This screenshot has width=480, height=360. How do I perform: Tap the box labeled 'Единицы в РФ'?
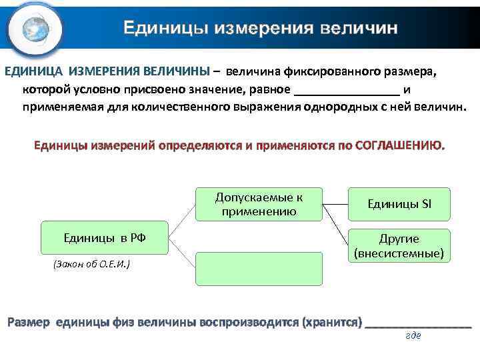pyautogui.click(x=105, y=237)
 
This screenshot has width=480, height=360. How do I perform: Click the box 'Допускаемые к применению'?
pyautogui.click(x=259, y=204)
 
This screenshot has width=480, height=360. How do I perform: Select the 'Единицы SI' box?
pyautogui.click(x=399, y=204)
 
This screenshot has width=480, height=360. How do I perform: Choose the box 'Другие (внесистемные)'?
pyautogui.click(x=399, y=245)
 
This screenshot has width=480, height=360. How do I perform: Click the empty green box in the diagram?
pyautogui.click(x=259, y=269)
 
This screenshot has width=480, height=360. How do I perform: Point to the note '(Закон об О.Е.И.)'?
pyautogui.click(x=91, y=265)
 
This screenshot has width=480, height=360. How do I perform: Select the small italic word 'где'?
pyautogui.click(x=413, y=335)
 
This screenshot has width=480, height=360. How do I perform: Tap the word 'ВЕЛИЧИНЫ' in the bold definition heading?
pyautogui.click(x=175, y=71)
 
